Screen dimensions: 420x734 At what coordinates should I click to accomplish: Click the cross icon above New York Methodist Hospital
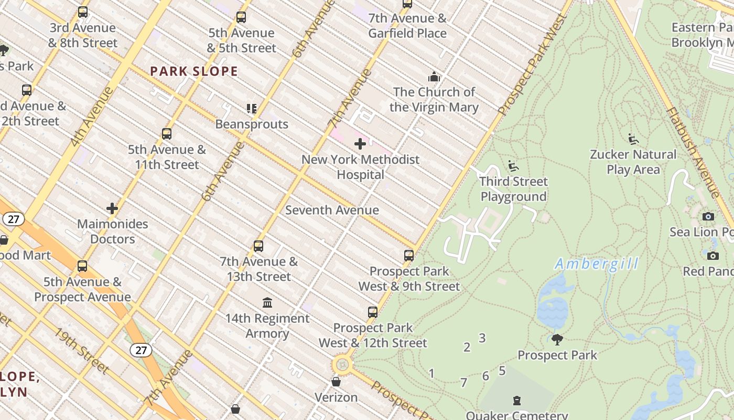pyautogui.click(x=360, y=144)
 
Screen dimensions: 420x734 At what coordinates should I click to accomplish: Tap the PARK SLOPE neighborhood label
pyautogui.click(x=194, y=71)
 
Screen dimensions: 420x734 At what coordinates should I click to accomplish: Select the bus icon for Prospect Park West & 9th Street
pyautogui.click(x=409, y=256)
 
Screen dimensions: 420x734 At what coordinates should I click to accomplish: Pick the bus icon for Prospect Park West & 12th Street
pyautogui.click(x=372, y=312)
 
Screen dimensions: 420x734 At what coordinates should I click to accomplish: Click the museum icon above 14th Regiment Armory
pyautogui.click(x=267, y=302)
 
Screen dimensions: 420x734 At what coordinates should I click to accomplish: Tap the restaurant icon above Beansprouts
pyautogui.click(x=252, y=109)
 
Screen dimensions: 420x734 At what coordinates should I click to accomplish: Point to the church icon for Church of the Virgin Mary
pyautogui.click(x=434, y=77)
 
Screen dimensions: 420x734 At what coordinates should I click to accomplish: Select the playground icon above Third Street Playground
pyautogui.click(x=513, y=166)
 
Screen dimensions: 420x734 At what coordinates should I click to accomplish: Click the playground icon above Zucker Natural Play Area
pyautogui.click(x=633, y=139)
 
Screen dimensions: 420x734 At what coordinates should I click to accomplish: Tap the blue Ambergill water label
pyautogui.click(x=597, y=264)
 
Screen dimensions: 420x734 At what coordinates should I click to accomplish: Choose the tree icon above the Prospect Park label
pyautogui.click(x=557, y=339)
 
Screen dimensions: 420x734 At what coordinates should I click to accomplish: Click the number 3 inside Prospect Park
pyautogui.click(x=482, y=338)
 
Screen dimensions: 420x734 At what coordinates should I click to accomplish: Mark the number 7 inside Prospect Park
pyautogui.click(x=463, y=383)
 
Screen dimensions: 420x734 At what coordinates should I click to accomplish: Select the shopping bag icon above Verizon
pyautogui.click(x=336, y=381)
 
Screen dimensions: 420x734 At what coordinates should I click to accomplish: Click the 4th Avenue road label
pyautogui.click(x=91, y=116)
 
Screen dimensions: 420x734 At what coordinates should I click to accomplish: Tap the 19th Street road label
pyautogui.click(x=81, y=351)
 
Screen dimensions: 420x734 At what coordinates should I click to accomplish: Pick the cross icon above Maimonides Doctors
pyautogui.click(x=112, y=208)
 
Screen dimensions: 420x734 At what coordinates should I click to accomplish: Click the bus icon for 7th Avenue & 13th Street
pyautogui.click(x=258, y=246)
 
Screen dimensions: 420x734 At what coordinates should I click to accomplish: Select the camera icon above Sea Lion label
pyautogui.click(x=708, y=216)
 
